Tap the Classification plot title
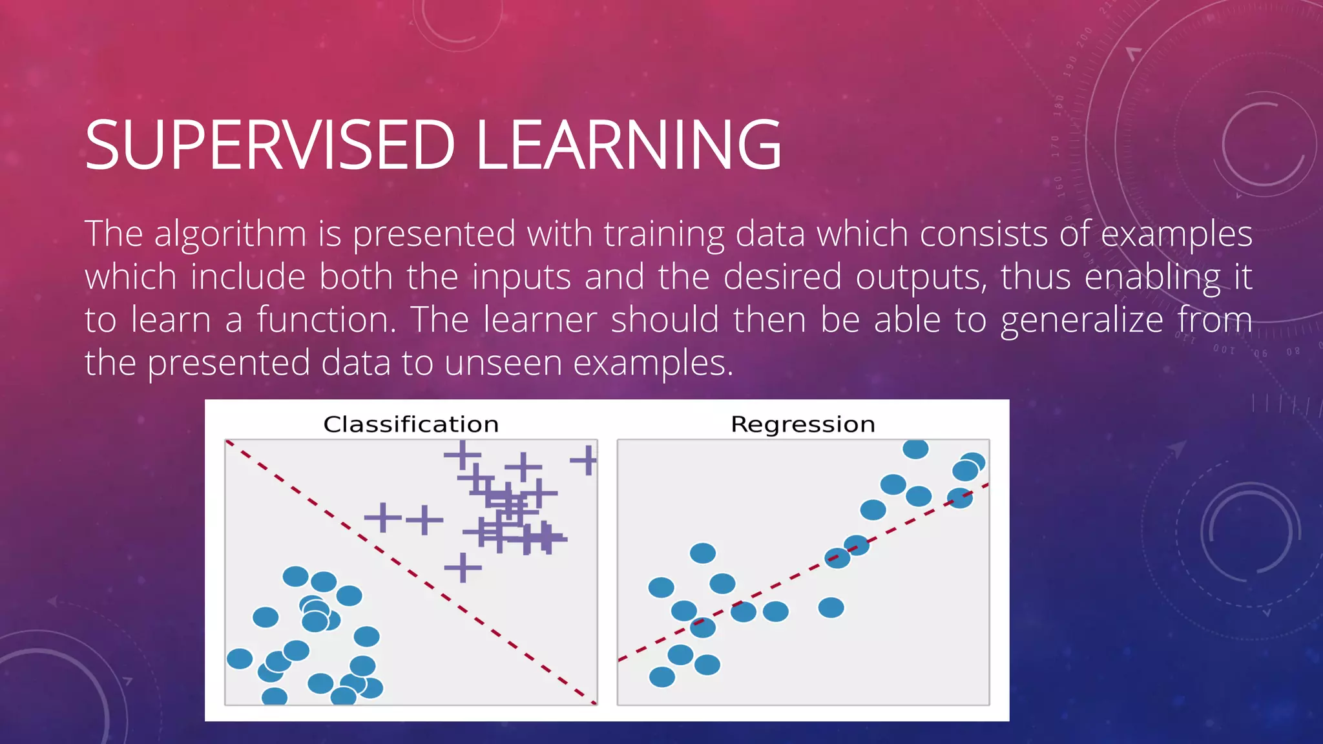pos(411,424)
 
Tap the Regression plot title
pos(803,424)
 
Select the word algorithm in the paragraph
pos(230,234)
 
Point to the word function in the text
pos(326,320)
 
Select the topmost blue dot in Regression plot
pos(915,448)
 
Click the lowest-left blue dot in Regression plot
pos(662,677)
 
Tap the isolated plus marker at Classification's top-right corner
pos(587,460)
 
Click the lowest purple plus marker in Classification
pos(463,568)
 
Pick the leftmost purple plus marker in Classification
pos(383,518)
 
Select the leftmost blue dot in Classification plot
pos(240,659)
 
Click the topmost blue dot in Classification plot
pos(296,576)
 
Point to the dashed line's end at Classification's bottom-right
pos(593,701)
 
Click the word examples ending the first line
pos(1176,234)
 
